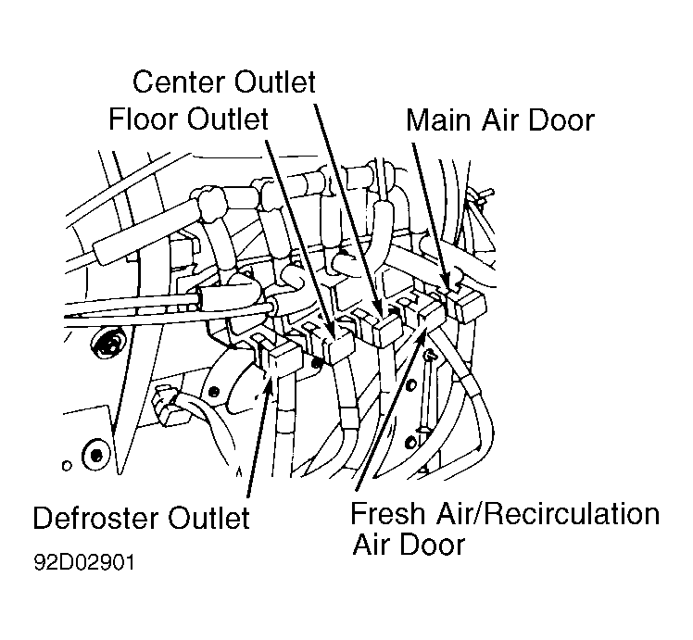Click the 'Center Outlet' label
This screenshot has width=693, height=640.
tap(224, 82)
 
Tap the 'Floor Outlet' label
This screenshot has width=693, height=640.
tap(189, 119)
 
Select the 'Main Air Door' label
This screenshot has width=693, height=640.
tap(500, 120)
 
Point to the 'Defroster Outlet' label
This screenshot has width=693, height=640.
tap(142, 518)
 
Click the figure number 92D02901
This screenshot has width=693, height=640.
tap(84, 563)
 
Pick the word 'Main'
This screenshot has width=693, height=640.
tap(438, 120)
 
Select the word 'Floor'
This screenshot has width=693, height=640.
tap(144, 119)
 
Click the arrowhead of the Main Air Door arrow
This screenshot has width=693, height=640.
tap(447, 283)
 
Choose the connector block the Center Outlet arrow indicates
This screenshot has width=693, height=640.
tap(387, 329)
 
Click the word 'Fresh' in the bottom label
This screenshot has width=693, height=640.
tap(387, 514)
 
